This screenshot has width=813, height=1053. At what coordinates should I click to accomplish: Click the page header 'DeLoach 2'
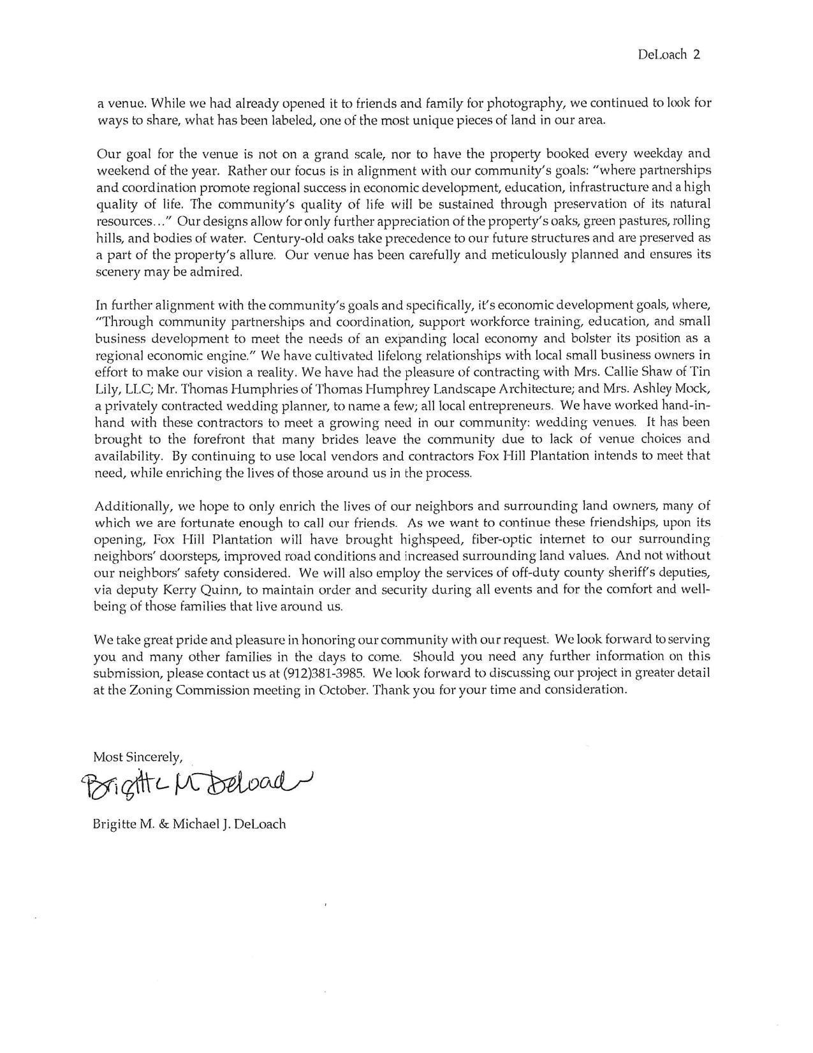pos(669,54)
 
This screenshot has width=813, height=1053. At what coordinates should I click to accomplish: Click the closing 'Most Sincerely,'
pos(138,757)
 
